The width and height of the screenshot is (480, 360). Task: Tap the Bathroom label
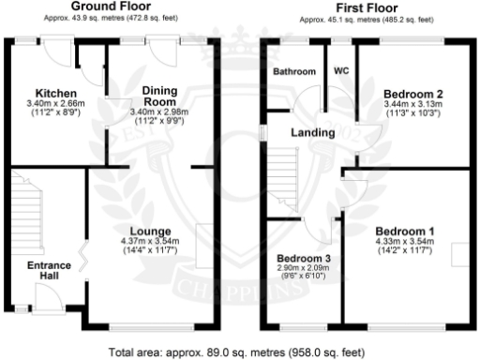pyautogui.click(x=294, y=72)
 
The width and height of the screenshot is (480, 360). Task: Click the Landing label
pyautogui.click(x=312, y=133)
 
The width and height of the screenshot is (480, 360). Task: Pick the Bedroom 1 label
pyautogui.click(x=404, y=231)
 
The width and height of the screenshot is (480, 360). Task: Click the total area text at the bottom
pyautogui.click(x=240, y=353)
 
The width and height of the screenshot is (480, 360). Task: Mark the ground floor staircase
pyautogui.click(x=29, y=211)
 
